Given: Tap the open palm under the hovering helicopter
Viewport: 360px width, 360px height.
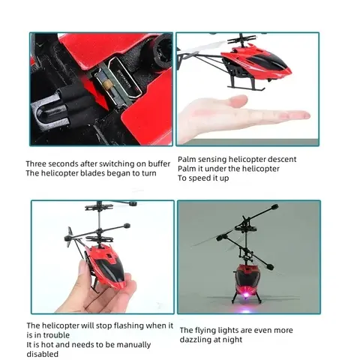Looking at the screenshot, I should pyautogui.click(x=240, y=116).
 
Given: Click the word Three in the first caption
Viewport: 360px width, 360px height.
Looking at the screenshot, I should pyautogui.click(x=38, y=163).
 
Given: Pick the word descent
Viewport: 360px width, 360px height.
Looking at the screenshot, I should pyautogui.click(x=282, y=159).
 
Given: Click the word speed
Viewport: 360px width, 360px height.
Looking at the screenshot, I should pyautogui.click(x=198, y=178).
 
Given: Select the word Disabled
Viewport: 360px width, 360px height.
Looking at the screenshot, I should pyautogui.click(x=43, y=354).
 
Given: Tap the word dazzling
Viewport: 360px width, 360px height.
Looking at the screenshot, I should pyautogui.click(x=198, y=340).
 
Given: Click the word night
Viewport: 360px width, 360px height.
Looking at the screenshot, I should pyautogui.click(x=234, y=340).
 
